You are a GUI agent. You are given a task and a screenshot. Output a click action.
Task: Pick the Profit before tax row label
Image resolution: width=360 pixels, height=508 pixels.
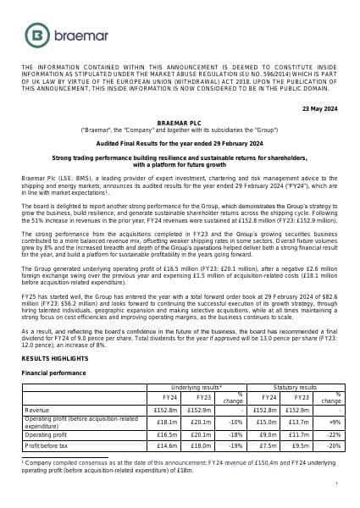[47, 444]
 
